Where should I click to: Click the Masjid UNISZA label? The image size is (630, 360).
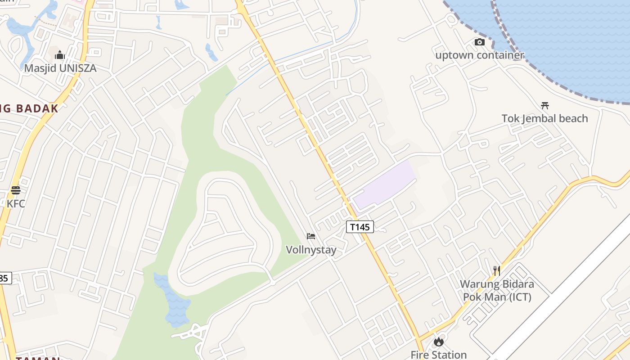tap(60, 68)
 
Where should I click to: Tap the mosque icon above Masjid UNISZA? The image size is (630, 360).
tap(60, 55)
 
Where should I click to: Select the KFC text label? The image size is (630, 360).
tap(16, 203)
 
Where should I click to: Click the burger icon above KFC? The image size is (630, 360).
tap(16, 190)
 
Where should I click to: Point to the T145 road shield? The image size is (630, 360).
tap(360, 227)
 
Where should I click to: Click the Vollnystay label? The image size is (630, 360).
tap(311, 249)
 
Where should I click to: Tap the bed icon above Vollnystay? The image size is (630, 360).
tap(310, 236)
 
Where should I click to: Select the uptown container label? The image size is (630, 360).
tap(480, 55)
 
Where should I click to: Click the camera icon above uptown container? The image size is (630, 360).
tap(480, 42)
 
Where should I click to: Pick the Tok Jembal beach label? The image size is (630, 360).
tap(544, 118)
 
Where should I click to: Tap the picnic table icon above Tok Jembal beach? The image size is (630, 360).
tap(545, 106)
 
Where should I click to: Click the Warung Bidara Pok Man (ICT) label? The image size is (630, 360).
tap(497, 291)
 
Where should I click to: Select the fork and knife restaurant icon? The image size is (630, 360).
tap(497, 271)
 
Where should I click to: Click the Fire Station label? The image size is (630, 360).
tap(438, 355)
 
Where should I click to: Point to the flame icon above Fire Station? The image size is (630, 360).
tap(438, 342)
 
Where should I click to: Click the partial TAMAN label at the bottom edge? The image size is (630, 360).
tap(38, 358)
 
